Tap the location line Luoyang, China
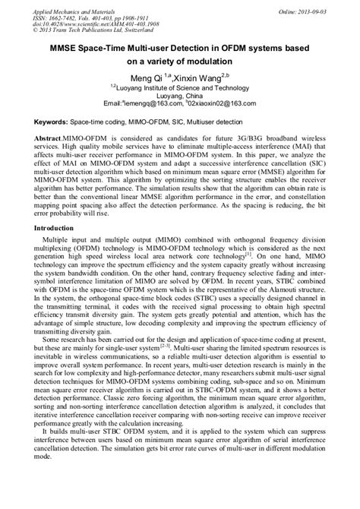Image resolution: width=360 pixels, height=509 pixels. pyautogui.click(x=179, y=98)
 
